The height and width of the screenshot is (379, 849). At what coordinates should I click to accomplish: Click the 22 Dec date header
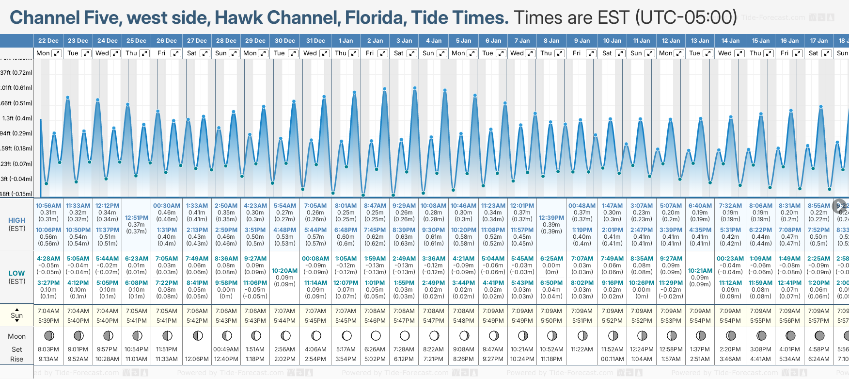[x=48, y=41]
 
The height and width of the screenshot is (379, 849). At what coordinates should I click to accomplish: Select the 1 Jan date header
[x=346, y=41]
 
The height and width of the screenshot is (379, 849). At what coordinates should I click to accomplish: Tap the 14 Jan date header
[x=730, y=41]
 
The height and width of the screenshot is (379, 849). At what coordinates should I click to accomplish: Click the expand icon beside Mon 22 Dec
[x=57, y=53]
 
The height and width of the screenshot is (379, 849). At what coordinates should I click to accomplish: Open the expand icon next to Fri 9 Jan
[x=591, y=53]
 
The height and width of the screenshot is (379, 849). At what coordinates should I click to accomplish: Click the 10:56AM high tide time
[x=48, y=206]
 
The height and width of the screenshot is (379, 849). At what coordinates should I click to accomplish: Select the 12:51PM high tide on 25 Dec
[x=137, y=218]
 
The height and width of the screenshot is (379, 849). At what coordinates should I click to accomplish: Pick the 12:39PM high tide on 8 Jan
[x=551, y=218]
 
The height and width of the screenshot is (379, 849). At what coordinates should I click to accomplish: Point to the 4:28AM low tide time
[x=48, y=259]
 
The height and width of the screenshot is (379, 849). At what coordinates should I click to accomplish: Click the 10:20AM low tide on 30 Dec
[x=284, y=271]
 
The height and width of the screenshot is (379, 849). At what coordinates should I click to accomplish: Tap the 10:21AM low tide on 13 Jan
[x=700, y=271]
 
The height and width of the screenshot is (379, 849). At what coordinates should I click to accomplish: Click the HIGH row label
[x=16, y=220]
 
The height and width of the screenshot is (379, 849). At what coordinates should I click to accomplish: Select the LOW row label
[x=16, y=273]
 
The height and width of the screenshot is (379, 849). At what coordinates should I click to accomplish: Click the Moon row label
[x=16, y=336]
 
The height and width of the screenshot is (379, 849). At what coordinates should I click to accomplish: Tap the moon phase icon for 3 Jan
[x=405, y=335]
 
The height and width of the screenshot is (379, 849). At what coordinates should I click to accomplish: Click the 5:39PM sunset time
[x=48, y=321]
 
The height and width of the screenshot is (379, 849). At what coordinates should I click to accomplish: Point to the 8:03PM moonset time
[x=48, y=349]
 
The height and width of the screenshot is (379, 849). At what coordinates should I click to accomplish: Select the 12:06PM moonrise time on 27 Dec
[x=197, y=359]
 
